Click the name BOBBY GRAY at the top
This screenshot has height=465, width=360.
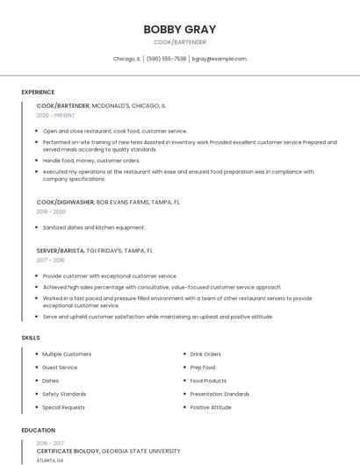(x=179, y=29)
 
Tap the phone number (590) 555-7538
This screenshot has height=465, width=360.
(x=166, y=59)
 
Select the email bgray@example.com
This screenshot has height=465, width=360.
(x=220, y=59)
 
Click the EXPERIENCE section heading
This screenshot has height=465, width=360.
(x=38, y=92)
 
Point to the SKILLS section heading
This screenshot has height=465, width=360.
(x=31, y=338)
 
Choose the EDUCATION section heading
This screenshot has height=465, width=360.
(x=38, y=431)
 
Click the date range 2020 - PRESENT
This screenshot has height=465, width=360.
(x=55, y=115)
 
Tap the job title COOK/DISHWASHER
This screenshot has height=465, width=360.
(x=65, y=202)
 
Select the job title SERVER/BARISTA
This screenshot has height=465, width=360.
(x=61, y=250)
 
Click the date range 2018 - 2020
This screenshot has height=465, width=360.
(x=51, y=211)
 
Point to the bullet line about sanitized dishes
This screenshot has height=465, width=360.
(x=94, y=227)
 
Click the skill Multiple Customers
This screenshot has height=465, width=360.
(x=67, y=354)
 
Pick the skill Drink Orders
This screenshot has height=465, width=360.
(x=205, y=354)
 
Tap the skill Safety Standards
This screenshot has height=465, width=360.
(x=64, y=394)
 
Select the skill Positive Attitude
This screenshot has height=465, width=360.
(x=211, y=407)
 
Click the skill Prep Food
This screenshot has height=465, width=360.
(x=203, y=368)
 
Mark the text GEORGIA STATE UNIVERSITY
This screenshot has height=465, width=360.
(x=141, y=451)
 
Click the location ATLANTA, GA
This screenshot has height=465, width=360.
(x=51, y=460)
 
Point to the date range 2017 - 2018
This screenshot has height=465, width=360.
(x=50, y=260)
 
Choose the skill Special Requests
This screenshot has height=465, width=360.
(x=64, y=407)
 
